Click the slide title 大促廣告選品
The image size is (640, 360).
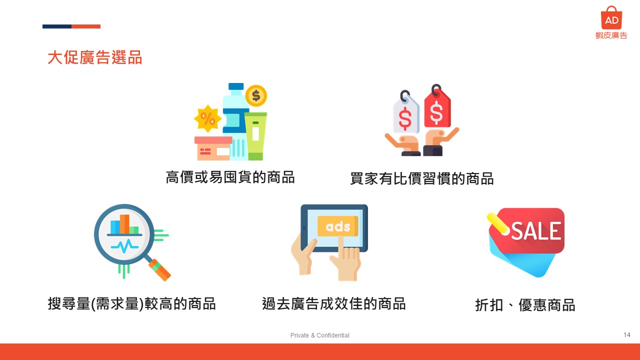pyautogui.click(x=95, y=57)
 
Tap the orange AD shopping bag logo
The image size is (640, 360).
pyautogui.click(x=611, y=17)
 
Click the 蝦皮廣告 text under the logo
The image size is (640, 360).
pyautogui.click(x=611, y=35)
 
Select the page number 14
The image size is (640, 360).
pyautogui.click(x=627, y=334)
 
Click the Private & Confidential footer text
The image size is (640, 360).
pyautogui.click(x=319, y=335)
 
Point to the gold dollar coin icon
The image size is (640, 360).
pyautogui.click(x=256, y=95)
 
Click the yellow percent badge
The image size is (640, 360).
pyautogui.click(x=207, y=118)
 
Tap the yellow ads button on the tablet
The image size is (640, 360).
pyautogui.click(x=337, y=226)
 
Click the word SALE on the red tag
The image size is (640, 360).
pyautogui.click(x=536, y=231)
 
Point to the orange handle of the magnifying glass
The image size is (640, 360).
pyautogui.click(x=159, y=269)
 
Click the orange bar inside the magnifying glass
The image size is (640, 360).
pyautogui.click(x=124, y=224)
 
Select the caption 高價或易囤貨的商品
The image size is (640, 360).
pyautogui.click(x=230, y=177)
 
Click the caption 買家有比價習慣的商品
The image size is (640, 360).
pyautogui.click(x=422, y=178)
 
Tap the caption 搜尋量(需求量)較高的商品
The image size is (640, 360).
pyautogui.click(x=131, y=303)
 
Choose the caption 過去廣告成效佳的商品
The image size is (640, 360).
pyautogui.click(x=334, y=303)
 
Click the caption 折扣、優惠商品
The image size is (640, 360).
pyautogui.click(x=525, y=305)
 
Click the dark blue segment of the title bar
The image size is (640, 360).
pyautogui.click(x=57, y=26)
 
